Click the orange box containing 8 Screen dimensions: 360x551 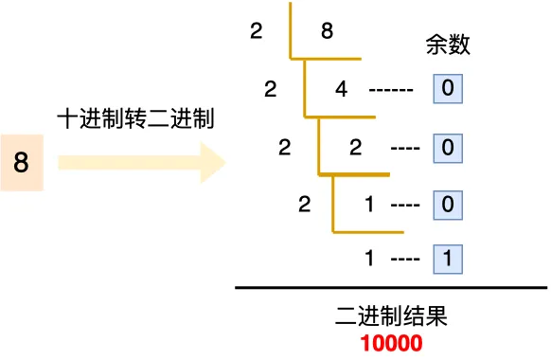tap(22, 163)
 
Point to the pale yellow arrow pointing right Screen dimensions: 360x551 tap(142, 163)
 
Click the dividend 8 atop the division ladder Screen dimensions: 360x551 tap(327, 31)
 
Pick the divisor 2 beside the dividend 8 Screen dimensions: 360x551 tap(256, 31)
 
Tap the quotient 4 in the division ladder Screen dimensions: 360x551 tap(342, 91)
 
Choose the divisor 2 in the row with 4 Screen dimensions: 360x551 tap(272, 91)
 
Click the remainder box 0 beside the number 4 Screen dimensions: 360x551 tap(448, 91)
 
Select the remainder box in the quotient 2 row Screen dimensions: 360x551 tap(448, 148)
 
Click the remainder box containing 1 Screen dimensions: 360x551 tap(448, 258)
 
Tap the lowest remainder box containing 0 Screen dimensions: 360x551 tap(448, 203)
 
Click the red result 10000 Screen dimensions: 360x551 tap(390, 343)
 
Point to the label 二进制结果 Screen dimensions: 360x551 tap(390, 317)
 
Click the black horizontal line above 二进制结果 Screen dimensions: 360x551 tap(390, 288)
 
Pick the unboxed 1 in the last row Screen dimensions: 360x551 tap(370, 258)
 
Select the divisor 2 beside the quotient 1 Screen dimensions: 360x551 tap(303, 203)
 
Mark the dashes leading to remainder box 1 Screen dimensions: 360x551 tap(404, 258)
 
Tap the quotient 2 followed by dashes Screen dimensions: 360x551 tap(356, 148)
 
